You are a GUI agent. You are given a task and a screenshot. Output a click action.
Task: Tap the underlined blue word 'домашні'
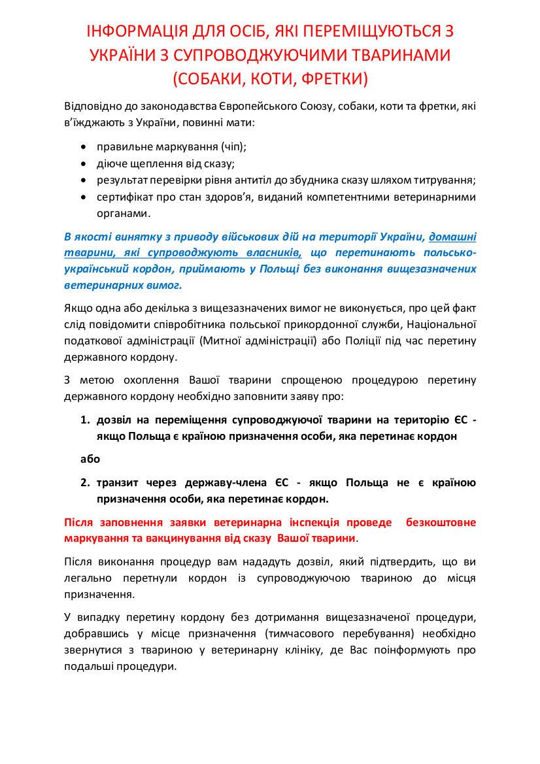tap(452, 235)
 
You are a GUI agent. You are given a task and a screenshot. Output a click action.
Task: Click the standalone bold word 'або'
tap(90, 459)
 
